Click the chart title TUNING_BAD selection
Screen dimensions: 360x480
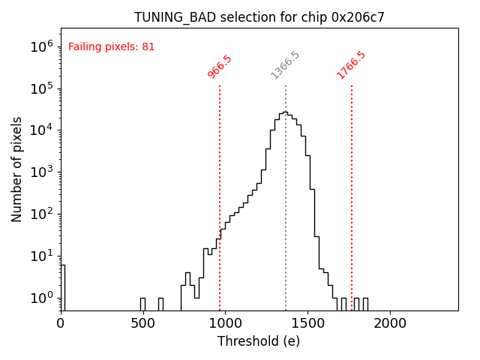259,17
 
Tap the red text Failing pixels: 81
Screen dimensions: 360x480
112,46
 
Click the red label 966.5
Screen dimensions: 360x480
220,66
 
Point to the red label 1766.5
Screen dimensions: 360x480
351,65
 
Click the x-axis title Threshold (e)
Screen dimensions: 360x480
259,341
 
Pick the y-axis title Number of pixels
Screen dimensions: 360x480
17,169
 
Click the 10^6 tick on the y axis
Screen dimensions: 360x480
42,46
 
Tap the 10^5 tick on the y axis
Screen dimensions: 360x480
42,88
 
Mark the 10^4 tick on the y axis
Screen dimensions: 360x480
42,130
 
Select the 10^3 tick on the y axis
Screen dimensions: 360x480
42,172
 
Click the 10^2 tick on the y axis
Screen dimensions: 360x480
42,214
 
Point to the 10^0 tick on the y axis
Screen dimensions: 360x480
42,298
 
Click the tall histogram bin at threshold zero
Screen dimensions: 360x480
63,288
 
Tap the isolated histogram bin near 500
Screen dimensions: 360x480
142,304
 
